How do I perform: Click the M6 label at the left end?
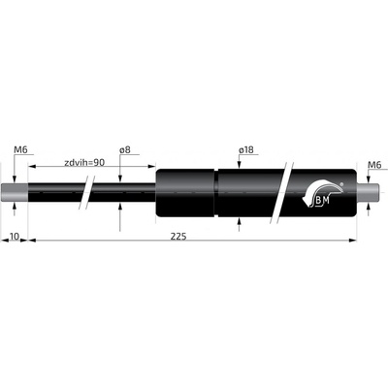(x=20, y=149)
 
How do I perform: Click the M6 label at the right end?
(x=374, y=165)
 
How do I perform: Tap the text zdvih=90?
(x=84, y=162)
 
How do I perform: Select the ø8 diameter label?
(x=124, y=149)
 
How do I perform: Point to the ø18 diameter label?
(x=246, y=149)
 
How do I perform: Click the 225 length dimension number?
(x=178, y=237)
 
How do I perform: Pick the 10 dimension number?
(x=15, y=237)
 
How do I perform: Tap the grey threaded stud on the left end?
(x=15, y=193)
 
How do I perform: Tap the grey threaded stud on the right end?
(x=368, y=193)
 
